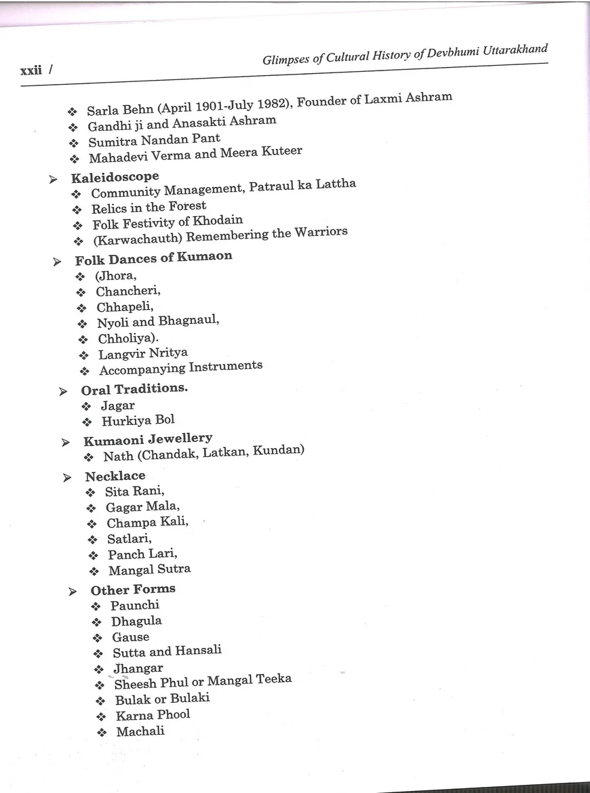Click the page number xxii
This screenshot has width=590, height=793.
coord(31,69)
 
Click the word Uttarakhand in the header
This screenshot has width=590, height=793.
coord(517,51)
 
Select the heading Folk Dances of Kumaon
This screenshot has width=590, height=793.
coord(153,258)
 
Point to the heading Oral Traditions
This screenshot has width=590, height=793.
coord(134,390)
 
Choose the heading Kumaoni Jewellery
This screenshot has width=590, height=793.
coord(148,439)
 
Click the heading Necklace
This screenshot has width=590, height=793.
coord(115,476)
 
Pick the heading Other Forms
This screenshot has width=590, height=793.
coord(133,590)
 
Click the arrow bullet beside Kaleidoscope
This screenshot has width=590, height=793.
coord(53,180)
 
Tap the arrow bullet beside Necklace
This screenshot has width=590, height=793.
coord(67,479)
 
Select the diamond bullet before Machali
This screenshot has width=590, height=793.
coord(102,733)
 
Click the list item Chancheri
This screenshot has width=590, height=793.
coord(128,291)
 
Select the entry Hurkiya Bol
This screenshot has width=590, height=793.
coord(138,421)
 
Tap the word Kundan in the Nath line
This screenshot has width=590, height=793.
coord(279,450)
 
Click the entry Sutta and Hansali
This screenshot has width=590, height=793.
coord(167,652)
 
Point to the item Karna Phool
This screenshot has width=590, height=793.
coord(153,715)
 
